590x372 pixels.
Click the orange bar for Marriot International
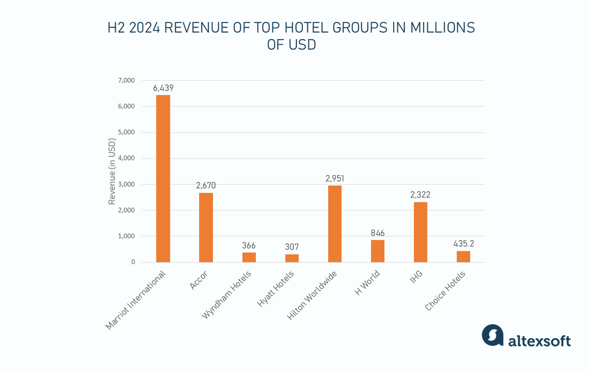tap(163, 179)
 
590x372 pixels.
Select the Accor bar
tap(206, 228)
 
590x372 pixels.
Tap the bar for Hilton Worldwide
tap(335, 224)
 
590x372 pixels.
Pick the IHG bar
tap(421, 232)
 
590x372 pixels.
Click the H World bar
tap(378, 251)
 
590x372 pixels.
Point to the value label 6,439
tap(163, 88)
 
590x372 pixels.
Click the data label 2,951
tap(335, 179)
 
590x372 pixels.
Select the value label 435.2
tap(463, 244)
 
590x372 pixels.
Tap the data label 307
tap(292, 247)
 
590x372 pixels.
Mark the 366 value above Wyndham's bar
tap(249, 246)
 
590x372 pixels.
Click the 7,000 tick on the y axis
tap(126, 80)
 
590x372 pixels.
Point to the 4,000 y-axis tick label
tap(126, 158)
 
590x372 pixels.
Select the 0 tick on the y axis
tap(133, 262)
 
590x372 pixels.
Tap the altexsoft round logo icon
tap(493, 335)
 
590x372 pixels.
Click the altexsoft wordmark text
tap(539, 341)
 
